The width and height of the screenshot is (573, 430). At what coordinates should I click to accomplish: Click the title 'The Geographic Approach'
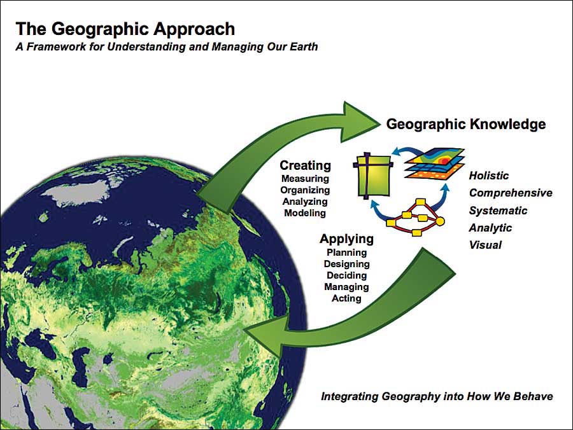125,29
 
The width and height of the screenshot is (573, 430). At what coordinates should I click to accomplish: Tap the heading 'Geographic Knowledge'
466,125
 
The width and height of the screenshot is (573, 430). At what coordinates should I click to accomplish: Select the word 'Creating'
305,165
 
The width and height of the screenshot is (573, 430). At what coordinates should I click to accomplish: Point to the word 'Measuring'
305,179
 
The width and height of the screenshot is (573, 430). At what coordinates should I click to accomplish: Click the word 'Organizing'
305,190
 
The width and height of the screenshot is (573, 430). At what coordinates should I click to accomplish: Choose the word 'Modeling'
305,213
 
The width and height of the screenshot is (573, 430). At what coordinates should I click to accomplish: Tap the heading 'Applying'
346,239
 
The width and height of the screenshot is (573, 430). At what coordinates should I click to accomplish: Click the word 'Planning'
346,253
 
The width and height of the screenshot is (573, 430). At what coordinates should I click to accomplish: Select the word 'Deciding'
346,275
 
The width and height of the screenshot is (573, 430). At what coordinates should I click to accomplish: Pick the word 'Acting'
346,298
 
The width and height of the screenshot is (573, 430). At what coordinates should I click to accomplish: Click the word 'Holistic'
488,176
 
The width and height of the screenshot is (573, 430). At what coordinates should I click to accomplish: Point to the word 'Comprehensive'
511,193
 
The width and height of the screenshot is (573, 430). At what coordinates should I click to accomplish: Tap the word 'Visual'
485,245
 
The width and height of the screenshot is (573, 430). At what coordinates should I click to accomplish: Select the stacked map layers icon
434,164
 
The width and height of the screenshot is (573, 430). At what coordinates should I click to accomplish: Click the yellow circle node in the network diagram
440,221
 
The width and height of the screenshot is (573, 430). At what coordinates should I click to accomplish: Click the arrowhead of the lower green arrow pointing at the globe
262,336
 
